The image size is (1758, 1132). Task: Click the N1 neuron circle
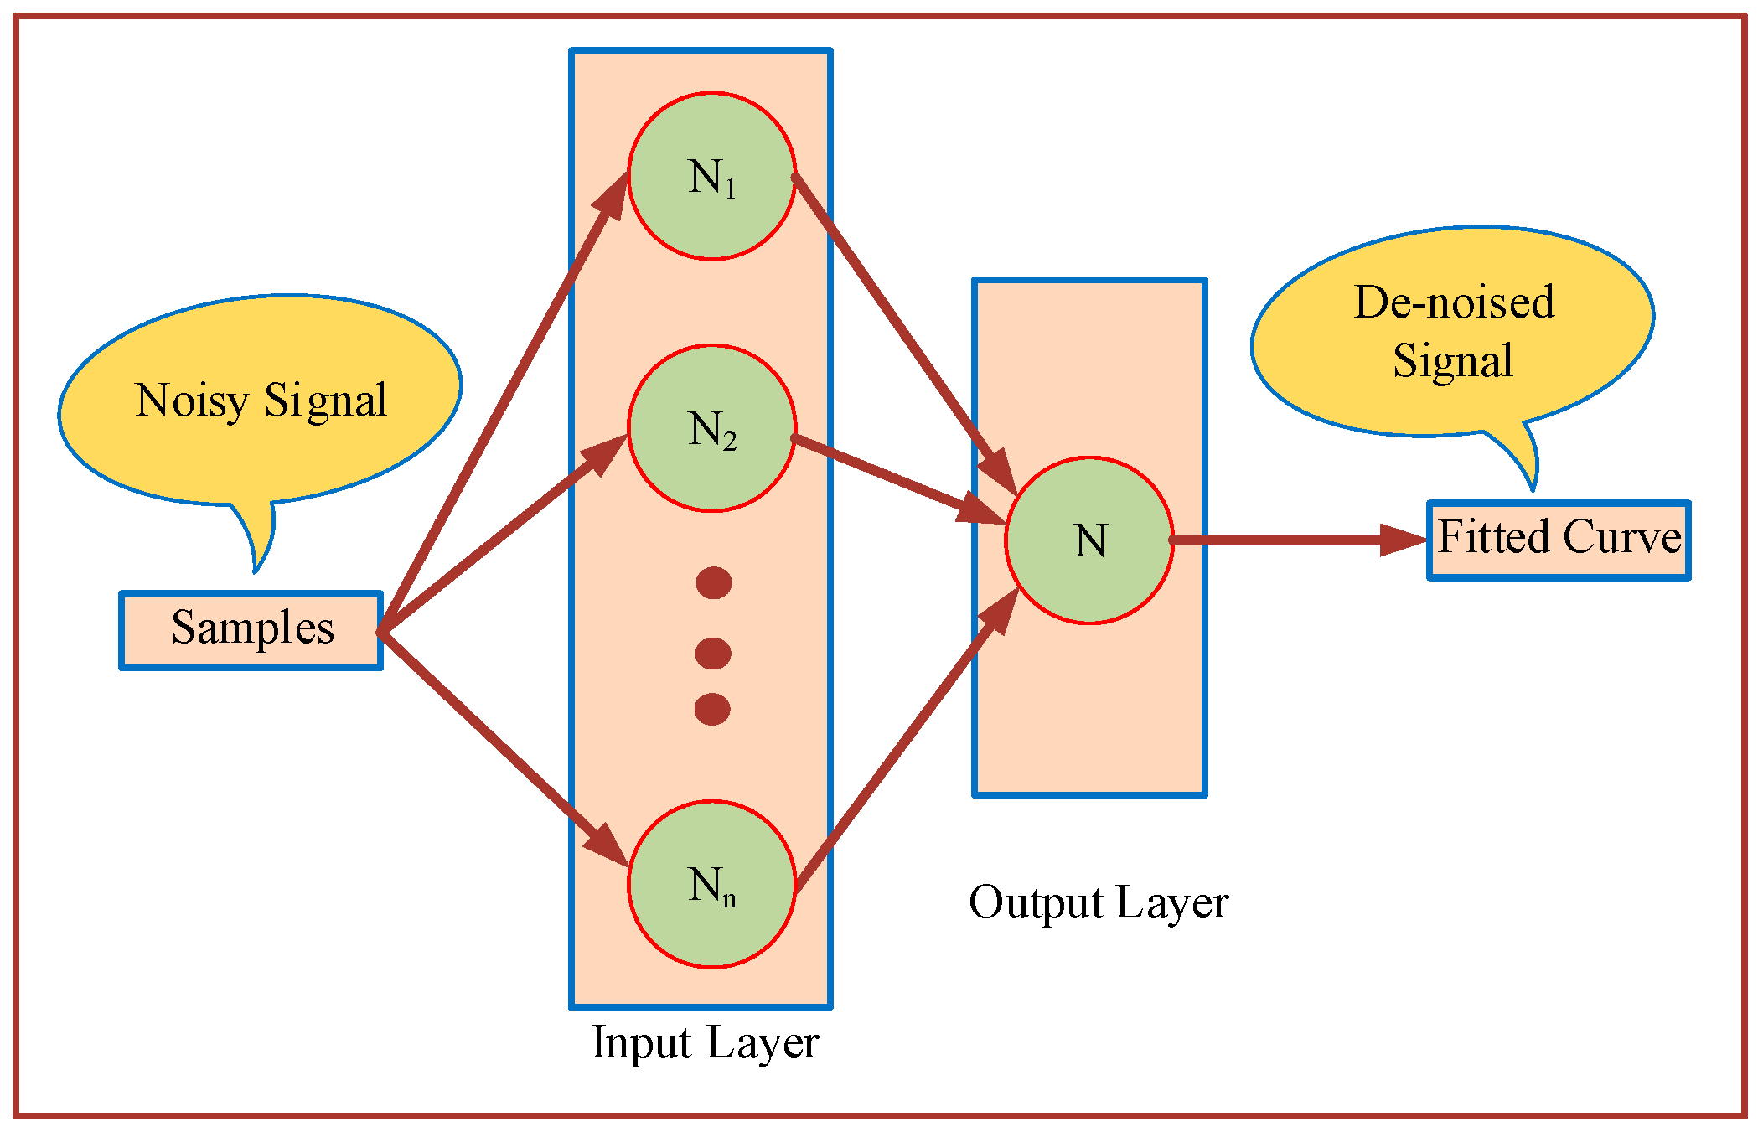click(x=711, y=177)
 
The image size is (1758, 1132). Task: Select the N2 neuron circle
click(x=711, y=428)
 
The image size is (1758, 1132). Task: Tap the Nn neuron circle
click(x=711, y=885)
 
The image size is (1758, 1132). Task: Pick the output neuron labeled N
click(x=1089, y=540)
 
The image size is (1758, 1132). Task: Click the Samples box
click(x=251, y=631)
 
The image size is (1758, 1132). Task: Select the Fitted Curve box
click(x=1559, y=540)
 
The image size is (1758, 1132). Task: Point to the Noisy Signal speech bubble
click(x=260, y=401)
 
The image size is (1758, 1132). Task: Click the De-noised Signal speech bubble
click(x=1452, y=331)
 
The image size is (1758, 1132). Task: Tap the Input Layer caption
click(x=704, y=1043)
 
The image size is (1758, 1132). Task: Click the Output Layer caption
click(x=1098, y=903)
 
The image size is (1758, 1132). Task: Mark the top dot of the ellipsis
click(x=714, y=582)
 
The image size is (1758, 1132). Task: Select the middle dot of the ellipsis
click(x=713, y=653)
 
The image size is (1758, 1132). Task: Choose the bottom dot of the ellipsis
click(x=712, y=709)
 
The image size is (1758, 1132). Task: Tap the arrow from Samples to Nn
click(x=503, y=748)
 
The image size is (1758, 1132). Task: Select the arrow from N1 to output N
click(x=905, y=335)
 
